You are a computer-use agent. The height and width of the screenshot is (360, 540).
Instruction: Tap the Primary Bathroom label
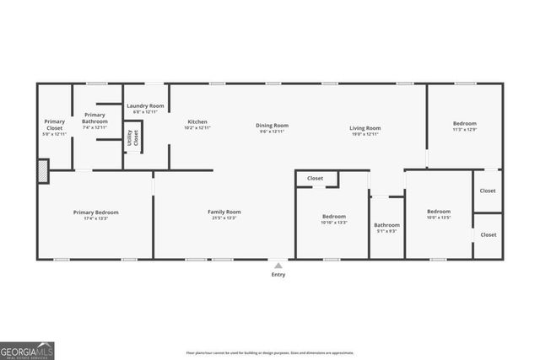(x=94, y=118)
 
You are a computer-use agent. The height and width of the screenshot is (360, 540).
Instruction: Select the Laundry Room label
(x=145, y=108)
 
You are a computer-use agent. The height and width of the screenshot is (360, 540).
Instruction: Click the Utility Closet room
(x=132, y=137)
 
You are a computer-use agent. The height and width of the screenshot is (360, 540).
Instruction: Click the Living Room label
(x=365, y=128)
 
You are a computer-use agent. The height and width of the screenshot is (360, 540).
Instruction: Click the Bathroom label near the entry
(x=387, y=227)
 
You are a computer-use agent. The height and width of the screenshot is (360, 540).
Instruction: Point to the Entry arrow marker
(x=278, y=265)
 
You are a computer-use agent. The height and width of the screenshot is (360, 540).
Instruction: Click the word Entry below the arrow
(x=278, y=275)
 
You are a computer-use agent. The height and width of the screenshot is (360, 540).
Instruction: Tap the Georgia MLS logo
(x=27, y=350)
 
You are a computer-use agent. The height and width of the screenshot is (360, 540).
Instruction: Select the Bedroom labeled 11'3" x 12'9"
(x=464, y=126)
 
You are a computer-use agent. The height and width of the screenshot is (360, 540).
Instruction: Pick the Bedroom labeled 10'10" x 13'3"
(x=334, y=219)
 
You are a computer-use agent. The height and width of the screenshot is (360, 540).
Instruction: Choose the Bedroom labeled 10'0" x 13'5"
(x=439, y=214)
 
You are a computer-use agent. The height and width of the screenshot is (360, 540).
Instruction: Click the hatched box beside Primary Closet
(x=43, y=171)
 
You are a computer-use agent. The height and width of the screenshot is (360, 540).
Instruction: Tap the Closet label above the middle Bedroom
(x=315, y=179)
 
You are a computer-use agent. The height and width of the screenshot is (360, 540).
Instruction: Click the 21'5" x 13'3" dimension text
(x=224, y=218)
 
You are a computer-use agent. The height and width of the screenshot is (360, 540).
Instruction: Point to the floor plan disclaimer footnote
(x=270, y=352)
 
